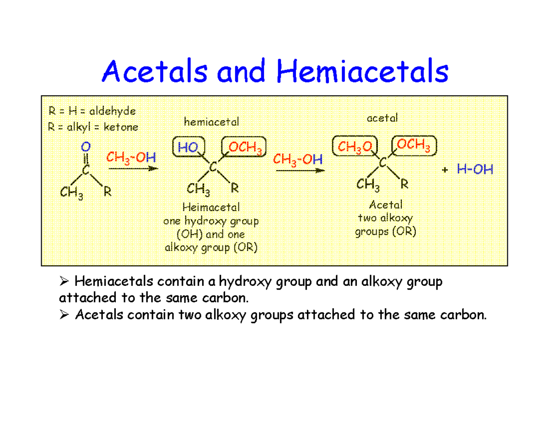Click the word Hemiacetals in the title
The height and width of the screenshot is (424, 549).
point(362,71)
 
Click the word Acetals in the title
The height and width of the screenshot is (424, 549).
point(155,71)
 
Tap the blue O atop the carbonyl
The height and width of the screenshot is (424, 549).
point(86,147)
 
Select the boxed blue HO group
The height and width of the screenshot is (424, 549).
point(188,147)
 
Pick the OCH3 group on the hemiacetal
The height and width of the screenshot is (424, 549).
point(244,147)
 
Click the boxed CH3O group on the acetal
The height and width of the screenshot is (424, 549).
point(355,146)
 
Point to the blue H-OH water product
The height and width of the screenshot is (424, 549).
point(475,169)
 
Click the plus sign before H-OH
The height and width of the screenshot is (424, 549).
point(445,170)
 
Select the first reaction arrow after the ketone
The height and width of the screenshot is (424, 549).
point(134,168)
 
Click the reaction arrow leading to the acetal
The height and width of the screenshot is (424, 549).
point(300,171)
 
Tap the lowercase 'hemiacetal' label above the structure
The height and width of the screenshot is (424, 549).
point(211,122)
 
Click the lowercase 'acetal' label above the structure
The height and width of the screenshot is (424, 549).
point(382,118)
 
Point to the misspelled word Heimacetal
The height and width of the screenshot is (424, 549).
point(211,207)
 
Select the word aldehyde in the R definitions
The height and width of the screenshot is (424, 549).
point(113,111)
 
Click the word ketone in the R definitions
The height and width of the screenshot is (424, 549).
point(121,127)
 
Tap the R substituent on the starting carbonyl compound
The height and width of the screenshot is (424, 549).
point(108,192)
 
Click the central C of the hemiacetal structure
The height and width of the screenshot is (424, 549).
point(213,166)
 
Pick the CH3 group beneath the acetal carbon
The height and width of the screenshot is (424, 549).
point(368,185)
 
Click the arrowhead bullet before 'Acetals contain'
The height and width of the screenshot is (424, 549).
point(64,315)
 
